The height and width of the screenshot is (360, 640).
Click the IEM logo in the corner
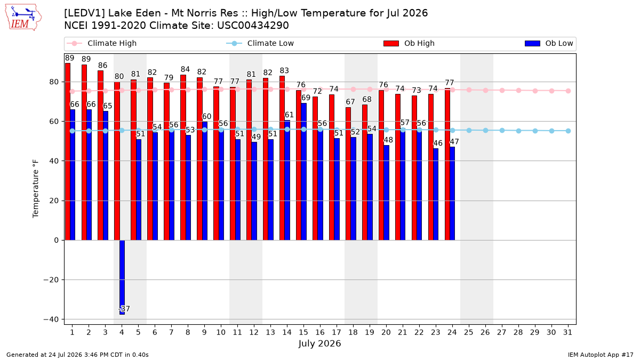(x=23, y=17)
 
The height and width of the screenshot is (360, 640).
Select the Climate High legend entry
(x=101, y=43)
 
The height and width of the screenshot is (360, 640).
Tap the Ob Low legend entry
(x=549, y=43)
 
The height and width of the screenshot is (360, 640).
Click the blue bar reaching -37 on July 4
(x=122, y=277)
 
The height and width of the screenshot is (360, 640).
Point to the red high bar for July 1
(x=68, y=151)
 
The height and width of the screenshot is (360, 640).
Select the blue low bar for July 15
(x=303, y=172)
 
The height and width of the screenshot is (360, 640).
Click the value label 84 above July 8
(x=185, y=69)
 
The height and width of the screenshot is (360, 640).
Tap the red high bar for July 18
(x=348, y=174)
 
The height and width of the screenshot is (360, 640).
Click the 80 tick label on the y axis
(x=54, y=82)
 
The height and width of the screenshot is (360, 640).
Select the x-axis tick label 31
(x=568, y=333)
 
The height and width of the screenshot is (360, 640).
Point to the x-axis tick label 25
(x=469, y=333)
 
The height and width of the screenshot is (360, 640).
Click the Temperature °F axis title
(x=35, y=189)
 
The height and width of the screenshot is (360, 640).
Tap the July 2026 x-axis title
(x=319, y=343)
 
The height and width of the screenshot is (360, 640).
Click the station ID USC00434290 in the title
(x=253, y=26)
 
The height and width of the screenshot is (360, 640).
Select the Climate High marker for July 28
(x=518, y=91)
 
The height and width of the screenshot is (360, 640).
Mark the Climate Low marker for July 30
(x=551, y=131)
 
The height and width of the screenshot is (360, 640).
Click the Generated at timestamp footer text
(x=77, y=355)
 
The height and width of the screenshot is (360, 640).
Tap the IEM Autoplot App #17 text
(x=601, y=355)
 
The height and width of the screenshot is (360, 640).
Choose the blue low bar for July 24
(x=452, y=194)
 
